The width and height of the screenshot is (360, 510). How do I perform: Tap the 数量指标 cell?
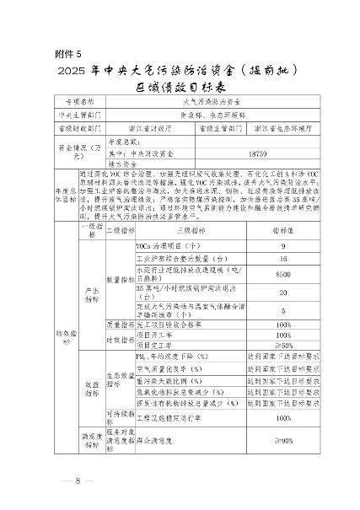[x=116, y=278]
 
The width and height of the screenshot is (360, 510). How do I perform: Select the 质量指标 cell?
[x=116, y=324]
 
